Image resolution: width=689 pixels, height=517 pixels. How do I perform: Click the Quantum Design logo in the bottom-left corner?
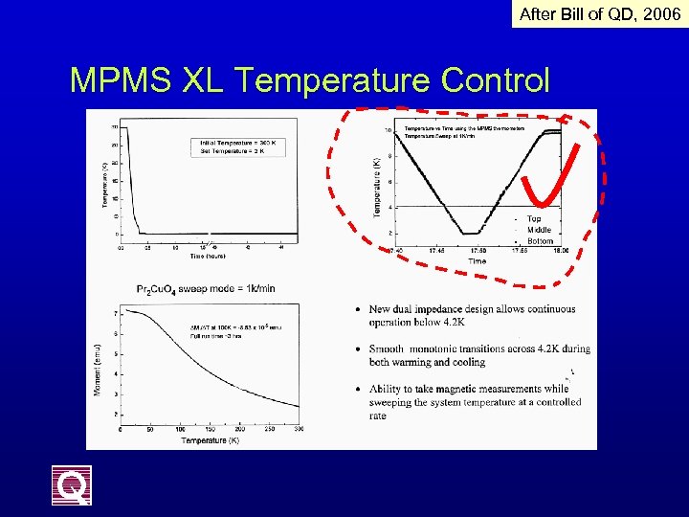tap(72, 484)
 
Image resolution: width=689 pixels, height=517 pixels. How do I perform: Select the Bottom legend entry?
tap(540, 241)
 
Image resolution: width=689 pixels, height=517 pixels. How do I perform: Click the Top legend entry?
tap(534, 219)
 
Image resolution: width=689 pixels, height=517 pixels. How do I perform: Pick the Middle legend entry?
tap(539, 230)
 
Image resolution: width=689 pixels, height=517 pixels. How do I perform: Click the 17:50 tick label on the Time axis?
tap(478, 251)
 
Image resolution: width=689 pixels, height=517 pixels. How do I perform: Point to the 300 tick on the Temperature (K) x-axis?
tap(298, 430)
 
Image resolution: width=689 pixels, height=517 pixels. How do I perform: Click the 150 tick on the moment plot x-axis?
tap(210, 430)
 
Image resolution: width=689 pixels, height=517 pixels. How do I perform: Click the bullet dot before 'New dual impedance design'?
tap(357, 310)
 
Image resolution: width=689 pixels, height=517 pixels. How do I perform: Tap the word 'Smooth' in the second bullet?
tap(390, 349)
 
